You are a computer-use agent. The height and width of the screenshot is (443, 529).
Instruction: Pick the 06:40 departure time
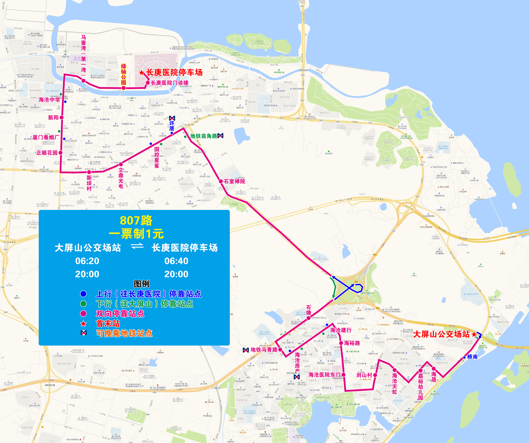point(176,261)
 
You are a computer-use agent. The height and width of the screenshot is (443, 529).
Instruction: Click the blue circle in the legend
point(83,294)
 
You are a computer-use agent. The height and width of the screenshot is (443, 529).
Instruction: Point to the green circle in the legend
point(83,304)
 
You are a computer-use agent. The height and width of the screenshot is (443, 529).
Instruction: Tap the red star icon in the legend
point(83,324)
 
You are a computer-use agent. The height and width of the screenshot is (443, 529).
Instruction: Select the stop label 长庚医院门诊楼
point(169,83)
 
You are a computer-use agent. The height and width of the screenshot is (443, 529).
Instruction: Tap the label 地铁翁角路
point(204,136)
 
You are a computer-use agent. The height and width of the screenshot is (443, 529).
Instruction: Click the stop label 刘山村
point(364,375)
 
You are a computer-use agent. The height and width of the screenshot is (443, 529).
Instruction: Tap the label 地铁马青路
point(264,350)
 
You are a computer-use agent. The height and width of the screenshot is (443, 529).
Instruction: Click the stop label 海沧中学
point(49,100)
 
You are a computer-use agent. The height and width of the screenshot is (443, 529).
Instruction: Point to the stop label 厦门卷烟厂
point(46,137)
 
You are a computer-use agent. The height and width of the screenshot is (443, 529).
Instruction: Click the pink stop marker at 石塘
point(309,318)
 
